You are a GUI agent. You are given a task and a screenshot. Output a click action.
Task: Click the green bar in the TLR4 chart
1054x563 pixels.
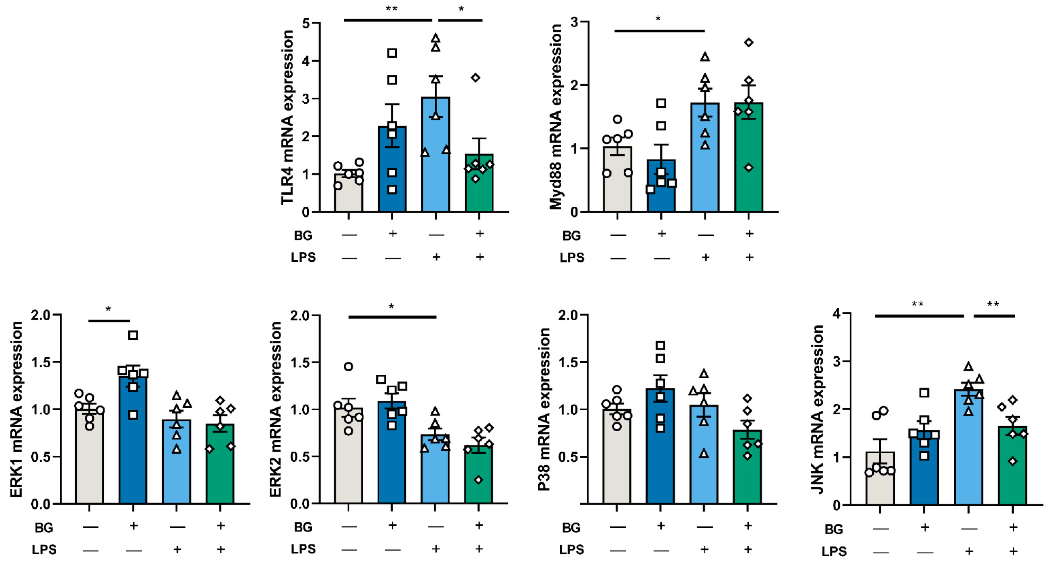click(479, 188)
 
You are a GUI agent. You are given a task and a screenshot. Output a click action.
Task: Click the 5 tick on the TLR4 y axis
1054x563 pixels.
click(306, 23)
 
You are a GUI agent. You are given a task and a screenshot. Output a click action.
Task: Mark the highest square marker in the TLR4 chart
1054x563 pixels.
click(392, 53)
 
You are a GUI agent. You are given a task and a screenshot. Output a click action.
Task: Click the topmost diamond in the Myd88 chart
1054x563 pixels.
click(749, 42)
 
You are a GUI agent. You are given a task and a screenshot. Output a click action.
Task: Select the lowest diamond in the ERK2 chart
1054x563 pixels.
click(478, 480)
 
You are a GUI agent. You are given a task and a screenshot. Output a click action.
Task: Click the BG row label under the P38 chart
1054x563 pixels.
click(571, 528)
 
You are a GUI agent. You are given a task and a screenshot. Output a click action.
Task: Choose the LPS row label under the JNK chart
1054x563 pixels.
click(834, 551)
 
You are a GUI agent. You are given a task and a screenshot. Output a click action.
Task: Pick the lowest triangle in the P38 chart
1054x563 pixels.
click(704, 453)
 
